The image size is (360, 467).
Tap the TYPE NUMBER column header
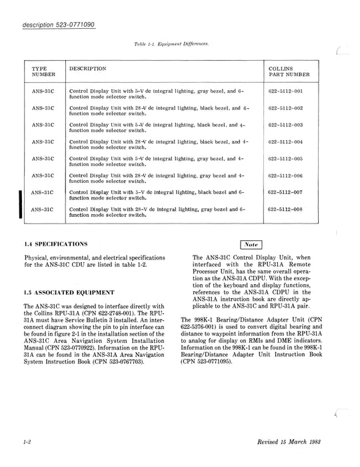[44, 72]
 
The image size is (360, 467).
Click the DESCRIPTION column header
[88, 69]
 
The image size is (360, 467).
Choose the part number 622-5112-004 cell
[285, 141]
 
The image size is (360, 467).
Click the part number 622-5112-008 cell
[285, 209]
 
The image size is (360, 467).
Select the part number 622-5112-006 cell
[285, 175]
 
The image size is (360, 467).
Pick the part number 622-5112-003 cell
[285, 124]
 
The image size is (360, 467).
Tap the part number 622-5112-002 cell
[285, 107]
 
